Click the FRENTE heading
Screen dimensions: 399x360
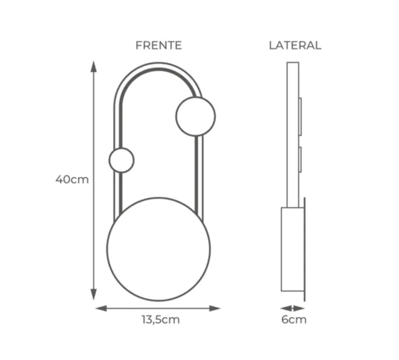point(158,45)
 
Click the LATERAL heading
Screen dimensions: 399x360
point(295,45)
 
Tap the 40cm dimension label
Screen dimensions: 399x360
point(72,180)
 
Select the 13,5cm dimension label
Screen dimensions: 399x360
point(161,319)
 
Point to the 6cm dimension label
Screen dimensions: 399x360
point(294,319)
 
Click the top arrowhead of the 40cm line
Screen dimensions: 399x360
point(94,67)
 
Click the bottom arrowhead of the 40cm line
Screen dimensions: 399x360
point(94,295)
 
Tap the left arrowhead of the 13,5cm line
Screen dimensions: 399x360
point(101,309)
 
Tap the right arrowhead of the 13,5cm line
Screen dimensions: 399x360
point(215,309)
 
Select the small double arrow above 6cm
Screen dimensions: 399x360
point(293,309)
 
